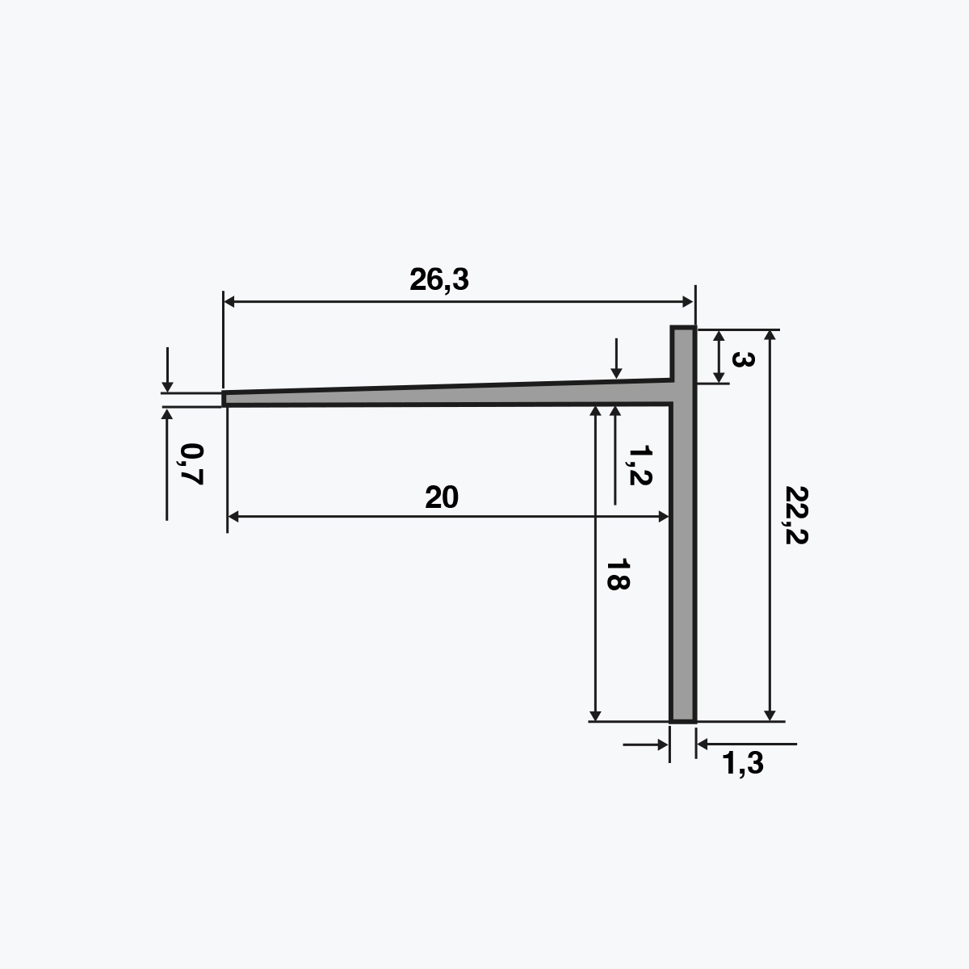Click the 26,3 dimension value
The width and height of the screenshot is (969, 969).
[439, 280]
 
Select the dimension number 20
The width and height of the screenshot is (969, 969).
[442, 497]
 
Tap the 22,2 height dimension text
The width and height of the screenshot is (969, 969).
[796, 515]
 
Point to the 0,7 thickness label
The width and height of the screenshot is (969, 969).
[191, 464]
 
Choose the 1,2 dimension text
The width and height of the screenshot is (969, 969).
[640, 465]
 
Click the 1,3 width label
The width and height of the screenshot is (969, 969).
[743, 763]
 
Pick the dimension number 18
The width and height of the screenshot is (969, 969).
[618, 574]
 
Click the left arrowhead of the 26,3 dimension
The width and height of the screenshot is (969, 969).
[229, 302]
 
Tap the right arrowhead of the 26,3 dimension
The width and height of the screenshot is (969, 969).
[687, 302]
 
